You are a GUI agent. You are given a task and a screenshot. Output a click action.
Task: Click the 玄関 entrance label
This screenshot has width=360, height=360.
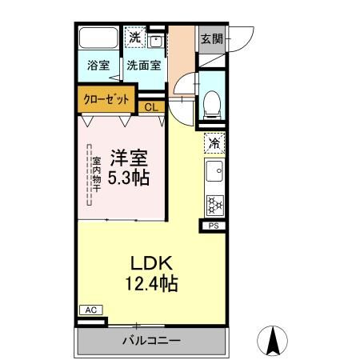[x=211, y=38]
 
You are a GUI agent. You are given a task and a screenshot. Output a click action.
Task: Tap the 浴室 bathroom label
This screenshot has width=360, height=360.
[x=98, y=66]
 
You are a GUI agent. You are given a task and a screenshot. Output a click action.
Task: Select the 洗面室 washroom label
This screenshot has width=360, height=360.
[x=144, y=66]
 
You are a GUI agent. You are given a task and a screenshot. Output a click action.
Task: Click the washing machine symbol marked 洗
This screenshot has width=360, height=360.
[x=135, y=38]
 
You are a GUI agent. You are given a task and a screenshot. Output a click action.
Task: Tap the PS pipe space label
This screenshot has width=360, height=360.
[x=214, y=226]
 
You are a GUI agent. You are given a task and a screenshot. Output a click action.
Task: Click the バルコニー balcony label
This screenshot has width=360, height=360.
[x=151, y=341]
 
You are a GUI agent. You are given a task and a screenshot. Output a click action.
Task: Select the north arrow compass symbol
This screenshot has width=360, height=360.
[x=273, y=342]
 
